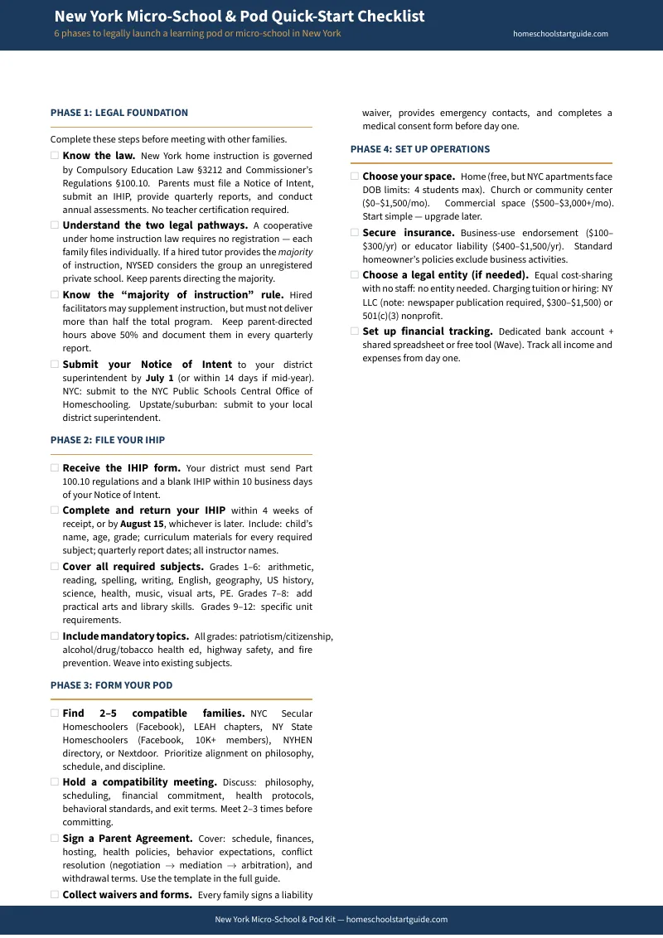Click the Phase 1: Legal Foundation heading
click(x=119, y=113)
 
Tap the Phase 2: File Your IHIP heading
click(x=108, y=440)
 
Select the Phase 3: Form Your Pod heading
click(x=111, y=685)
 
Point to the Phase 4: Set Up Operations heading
click(x=420, y=149)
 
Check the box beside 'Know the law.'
click(x=55, y=155)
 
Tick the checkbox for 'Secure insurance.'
click(x=355, y=233)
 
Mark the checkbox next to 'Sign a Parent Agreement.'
click(x=55, y=838)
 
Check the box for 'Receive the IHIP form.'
click(x=55, y=468)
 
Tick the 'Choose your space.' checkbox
click(x=355, y=176)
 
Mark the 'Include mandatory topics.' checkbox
click(x=55, y=636)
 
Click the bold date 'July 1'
click(x=160, y=378)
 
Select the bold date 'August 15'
click(x=142, y=524)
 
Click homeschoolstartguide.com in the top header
click(x=560, y=34)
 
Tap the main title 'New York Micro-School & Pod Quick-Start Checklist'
click(x=240, y=17)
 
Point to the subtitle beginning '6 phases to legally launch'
click(x=197, y=34)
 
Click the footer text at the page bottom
click(x=331, y=919)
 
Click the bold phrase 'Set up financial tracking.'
click(x=428, y=331)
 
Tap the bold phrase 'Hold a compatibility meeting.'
click(x=140, y=782)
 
